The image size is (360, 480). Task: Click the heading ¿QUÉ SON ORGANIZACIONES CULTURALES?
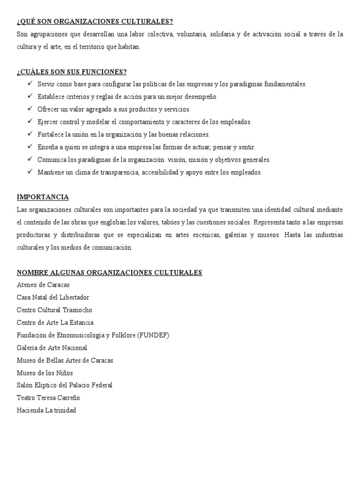click(x=95, y=22)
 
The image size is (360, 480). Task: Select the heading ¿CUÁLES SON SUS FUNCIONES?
click(x=72, y=72)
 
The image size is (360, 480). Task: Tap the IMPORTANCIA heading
click(x=43, y=196)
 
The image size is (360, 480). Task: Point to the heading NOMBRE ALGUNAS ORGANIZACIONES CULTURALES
click(x=109, y=272)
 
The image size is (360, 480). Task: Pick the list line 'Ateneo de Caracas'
click(x=43, y=285)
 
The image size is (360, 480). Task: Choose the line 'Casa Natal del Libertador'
click(x=53, y=297)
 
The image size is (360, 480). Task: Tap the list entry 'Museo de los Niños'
click(x=45, y=373)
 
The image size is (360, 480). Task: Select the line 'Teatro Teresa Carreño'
click(x=48, y=398)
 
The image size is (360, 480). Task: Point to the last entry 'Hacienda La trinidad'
click(x=46, y=411)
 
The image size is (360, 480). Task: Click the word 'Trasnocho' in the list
click(x=77, y=310)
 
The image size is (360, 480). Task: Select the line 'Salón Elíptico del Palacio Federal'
click(x=65, y=385)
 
